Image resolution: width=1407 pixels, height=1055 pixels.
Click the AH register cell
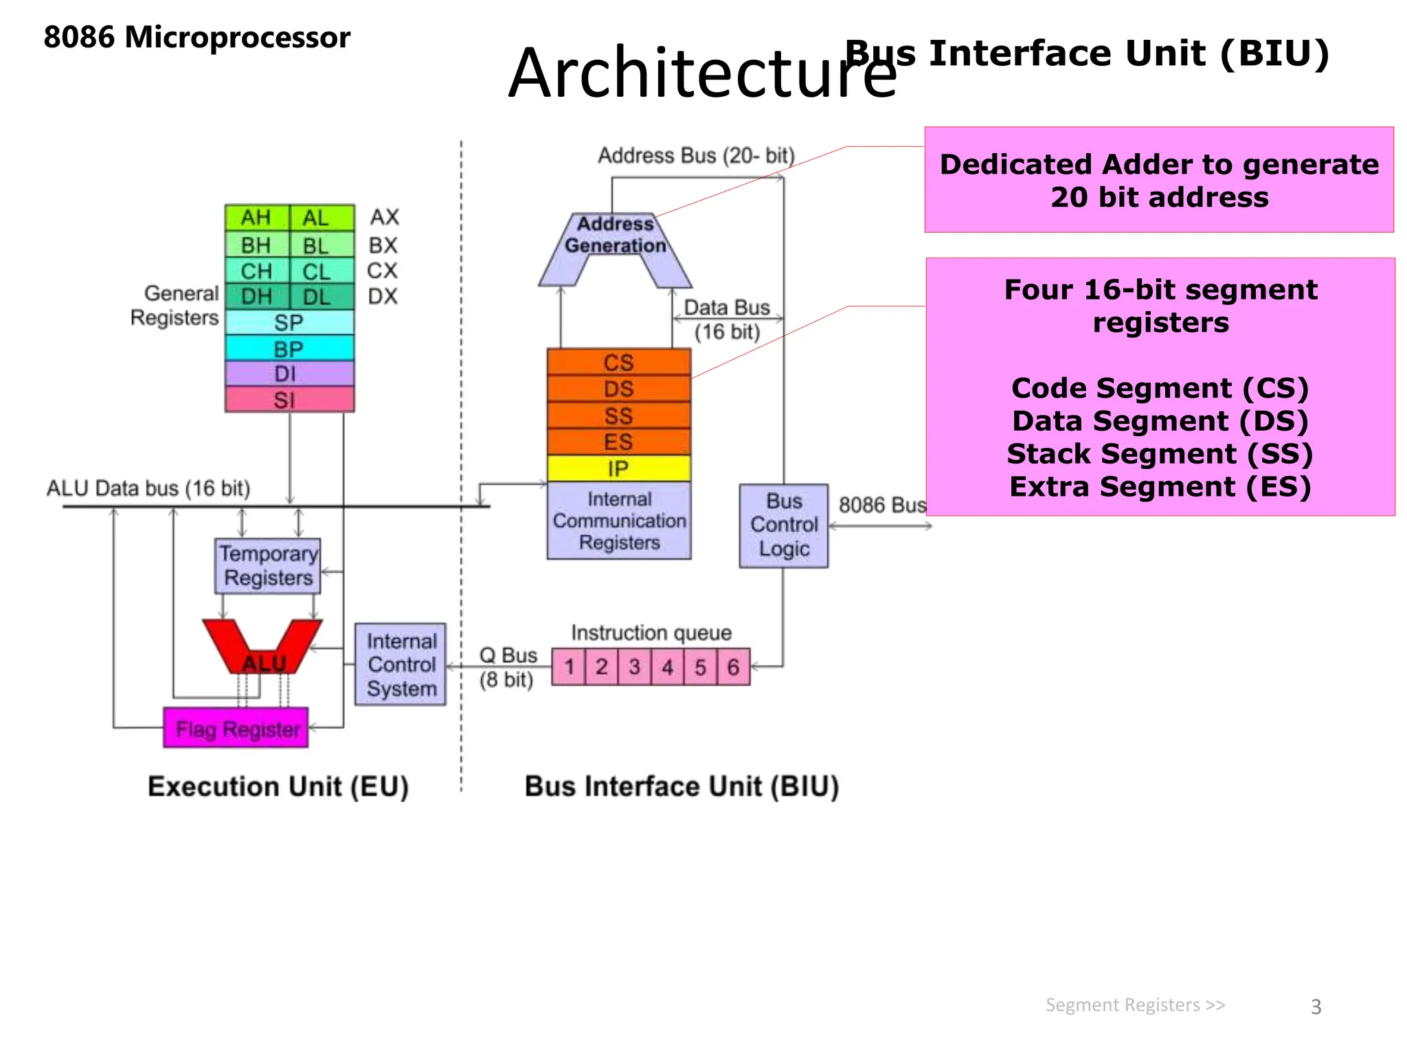click(256, 218)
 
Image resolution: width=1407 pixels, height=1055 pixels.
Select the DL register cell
click(317, 297)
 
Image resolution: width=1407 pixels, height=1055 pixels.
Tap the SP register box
click(289, 322)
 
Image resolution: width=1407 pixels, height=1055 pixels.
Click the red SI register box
click(289, 399)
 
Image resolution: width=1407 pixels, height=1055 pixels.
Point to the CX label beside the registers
click(382, 271)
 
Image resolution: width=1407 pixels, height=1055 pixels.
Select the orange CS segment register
click(618, 362)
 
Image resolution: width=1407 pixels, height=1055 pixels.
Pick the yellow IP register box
click(618, 468)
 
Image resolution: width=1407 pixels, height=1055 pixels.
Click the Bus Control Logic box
click(783, 525)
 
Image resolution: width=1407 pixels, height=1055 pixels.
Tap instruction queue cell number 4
click(667, 667)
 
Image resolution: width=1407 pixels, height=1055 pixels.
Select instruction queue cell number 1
click(569, 667)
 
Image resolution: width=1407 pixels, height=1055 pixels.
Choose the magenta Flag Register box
click(236, 728)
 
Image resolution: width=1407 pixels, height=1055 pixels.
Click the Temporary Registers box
click(268, 566)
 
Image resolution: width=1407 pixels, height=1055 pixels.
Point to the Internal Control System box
click(401, 664)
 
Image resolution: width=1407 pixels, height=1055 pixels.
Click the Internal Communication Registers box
click(619, 521)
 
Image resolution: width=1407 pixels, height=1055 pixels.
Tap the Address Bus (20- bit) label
click(695, 156)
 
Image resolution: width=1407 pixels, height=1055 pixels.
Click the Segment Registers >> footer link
click(1135, 1005)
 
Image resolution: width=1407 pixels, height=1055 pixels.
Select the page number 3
click(1316, 1007)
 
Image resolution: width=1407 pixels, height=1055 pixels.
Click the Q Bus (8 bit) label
click(508, 667)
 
